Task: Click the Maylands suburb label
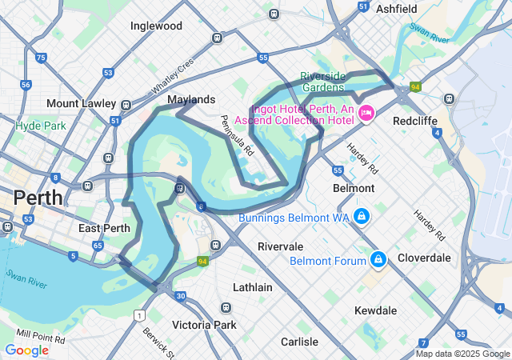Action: [191, 99]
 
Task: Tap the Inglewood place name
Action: [156, 26]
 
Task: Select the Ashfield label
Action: [396, 9]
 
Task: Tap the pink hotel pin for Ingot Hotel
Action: [366, 114]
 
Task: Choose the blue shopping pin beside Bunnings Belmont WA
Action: [362, 217]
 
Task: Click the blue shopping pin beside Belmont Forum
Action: [377, 260]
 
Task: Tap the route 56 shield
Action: [26, 85]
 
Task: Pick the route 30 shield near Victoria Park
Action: [181, 296]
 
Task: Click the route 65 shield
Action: [97, 246]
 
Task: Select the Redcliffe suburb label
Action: [414, 121]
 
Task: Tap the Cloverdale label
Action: [424, 258]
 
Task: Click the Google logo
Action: [26, 350]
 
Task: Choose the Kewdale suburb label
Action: [378, 310]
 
